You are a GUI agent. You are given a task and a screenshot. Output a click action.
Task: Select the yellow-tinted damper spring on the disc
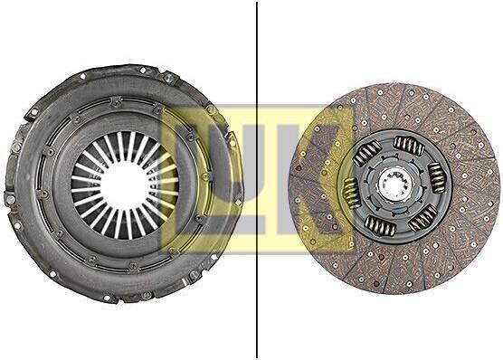351,194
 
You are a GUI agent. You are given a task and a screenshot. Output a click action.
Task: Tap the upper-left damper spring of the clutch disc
367,154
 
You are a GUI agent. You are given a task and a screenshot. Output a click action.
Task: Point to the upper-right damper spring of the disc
409,146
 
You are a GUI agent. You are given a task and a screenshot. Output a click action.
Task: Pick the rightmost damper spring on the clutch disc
437,177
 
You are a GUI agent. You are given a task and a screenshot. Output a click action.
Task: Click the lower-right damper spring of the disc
423,218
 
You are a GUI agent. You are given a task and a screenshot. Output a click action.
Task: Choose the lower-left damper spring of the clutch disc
380,224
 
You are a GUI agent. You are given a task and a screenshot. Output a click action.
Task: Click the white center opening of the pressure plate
124,185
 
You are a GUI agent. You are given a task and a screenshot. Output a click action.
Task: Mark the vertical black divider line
257,180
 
